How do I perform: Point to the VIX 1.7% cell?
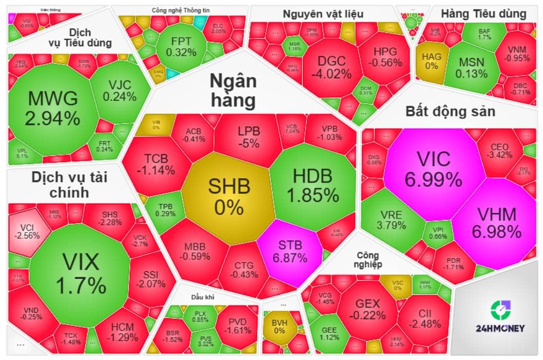(x=81, y=272)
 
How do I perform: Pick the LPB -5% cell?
(x=249, y=137)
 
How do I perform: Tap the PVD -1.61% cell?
(x=235, y=325)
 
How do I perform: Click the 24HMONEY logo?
(x=499, y=318)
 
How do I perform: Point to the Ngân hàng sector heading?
(x=233, y=91)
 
